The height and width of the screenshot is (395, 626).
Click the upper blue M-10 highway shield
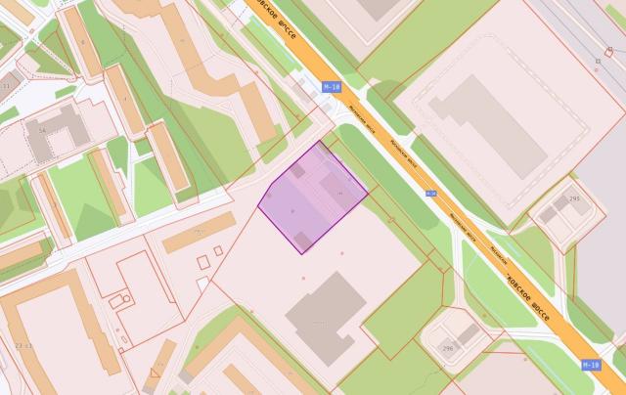coord(332,87)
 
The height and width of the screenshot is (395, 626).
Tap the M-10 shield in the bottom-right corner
coord(589,365)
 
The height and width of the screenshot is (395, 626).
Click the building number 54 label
coord(42,130)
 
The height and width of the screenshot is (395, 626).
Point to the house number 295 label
coord(573,199)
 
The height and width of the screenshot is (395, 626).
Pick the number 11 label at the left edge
coord(7,87)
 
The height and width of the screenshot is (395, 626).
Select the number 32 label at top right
coord(598,61)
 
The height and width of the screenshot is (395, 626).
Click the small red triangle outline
coord(155,373)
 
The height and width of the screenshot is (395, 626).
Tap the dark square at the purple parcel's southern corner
coord(303,240)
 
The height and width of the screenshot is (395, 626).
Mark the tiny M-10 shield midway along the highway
coord(430,194)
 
